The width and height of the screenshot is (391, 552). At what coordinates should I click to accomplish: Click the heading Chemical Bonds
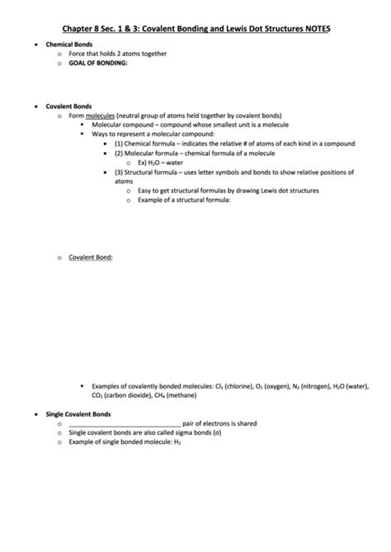point(68,44)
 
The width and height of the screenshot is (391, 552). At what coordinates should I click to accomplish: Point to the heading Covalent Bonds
point(68,106)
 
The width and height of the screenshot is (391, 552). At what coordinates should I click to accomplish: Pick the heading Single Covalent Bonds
point(78,413)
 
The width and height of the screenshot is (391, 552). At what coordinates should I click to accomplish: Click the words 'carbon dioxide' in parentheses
point(130,395)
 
